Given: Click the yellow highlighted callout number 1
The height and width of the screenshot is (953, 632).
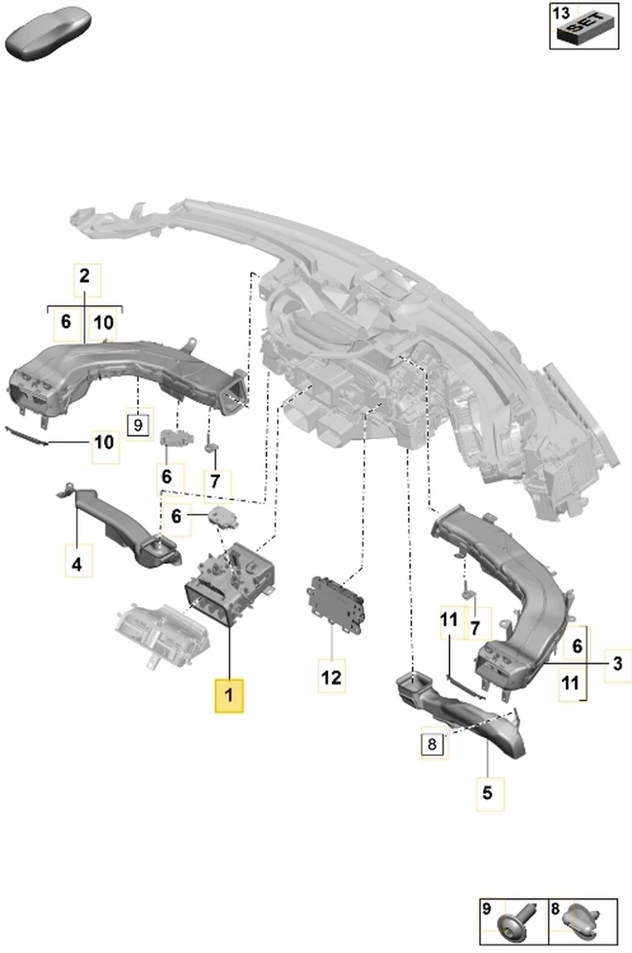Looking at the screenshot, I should (x=229, y=696).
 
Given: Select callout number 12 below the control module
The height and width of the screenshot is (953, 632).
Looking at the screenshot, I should (x=331, y=677).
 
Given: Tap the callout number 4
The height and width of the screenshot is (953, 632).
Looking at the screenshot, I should (x=77, y=565).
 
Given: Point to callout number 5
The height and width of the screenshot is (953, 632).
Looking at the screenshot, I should (x=487, y=791).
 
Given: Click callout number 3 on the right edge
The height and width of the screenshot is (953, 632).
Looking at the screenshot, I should (x=615, y=662).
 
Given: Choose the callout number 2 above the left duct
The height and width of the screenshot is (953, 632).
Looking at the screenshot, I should (x=85, y=277).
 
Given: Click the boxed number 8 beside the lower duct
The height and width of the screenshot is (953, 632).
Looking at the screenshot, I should (x=432, y=744).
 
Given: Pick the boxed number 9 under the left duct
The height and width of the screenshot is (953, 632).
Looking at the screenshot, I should (x=137, y=425).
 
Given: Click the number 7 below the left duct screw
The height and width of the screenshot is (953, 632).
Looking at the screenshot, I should (x=216, y=481).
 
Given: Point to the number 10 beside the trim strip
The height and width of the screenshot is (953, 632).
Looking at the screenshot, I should (x=104, y=442).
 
